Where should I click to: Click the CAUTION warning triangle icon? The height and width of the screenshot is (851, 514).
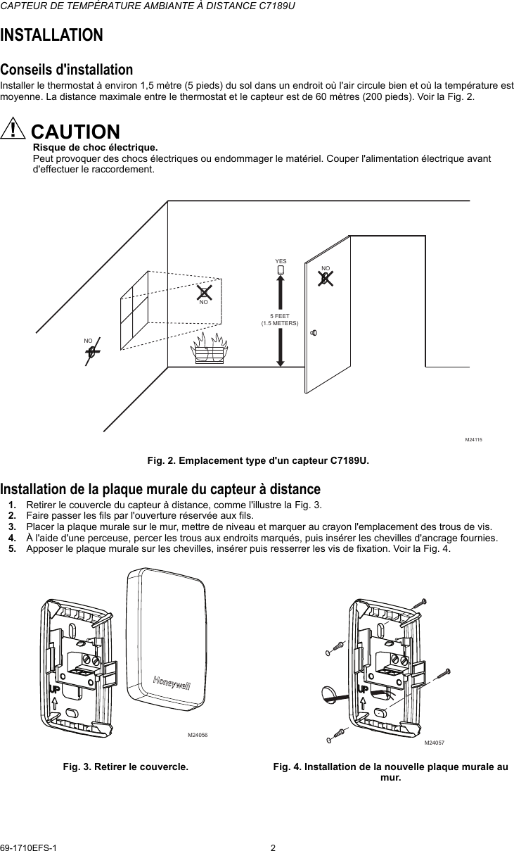click(13, 129)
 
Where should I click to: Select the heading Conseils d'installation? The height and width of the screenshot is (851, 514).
click(66, 70)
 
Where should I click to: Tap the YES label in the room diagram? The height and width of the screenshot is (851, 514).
click(281, 260)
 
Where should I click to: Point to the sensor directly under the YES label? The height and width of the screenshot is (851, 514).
click(281, 269)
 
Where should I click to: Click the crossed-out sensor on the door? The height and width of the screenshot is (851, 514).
click(325, 278)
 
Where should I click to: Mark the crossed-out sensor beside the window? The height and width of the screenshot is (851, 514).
click(204, 291)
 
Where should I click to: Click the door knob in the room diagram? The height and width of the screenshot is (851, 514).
click(314, 332)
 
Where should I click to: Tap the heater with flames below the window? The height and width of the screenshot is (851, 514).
click(210, 348)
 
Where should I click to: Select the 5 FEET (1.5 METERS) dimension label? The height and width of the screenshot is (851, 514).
click(280, 320)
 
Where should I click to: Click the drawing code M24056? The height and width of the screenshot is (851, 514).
click(198, 735)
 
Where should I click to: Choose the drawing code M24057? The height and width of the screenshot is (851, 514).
click(435, 743)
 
